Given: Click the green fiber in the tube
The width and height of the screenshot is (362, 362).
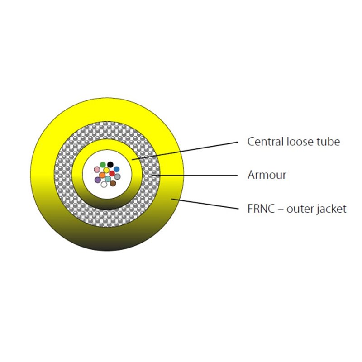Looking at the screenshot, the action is tap(103, 165).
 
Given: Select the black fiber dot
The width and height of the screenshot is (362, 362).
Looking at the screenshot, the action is tap(110, 164).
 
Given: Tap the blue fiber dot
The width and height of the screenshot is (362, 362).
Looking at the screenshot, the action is tap(117, 169).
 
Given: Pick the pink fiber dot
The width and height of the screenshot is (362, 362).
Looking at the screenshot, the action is tap(97, 170).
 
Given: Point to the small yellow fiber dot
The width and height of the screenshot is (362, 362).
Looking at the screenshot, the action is tap(106, 171).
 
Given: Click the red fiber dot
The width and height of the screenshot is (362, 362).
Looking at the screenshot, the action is tap(112, 173).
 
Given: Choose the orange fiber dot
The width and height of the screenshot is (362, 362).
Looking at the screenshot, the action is tap(102, 175).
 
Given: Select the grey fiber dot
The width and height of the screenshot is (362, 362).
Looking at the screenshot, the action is tap(117, 177).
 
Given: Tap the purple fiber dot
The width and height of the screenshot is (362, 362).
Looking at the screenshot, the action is tap(98, 180).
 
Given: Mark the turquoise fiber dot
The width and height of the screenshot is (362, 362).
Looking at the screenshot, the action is tap(108, 179).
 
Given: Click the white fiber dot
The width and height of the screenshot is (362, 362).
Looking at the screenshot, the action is tap(104, 184).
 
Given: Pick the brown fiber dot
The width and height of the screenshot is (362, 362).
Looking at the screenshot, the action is tap(113, 183).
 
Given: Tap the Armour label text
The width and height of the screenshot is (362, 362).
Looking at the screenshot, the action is tap(267, 175).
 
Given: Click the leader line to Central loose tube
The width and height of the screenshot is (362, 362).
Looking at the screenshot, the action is tap(185, 151).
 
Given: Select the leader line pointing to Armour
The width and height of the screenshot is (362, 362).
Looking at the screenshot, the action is tap(195, 176).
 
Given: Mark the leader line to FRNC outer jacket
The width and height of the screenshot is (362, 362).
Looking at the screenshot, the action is tap(205, 204).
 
